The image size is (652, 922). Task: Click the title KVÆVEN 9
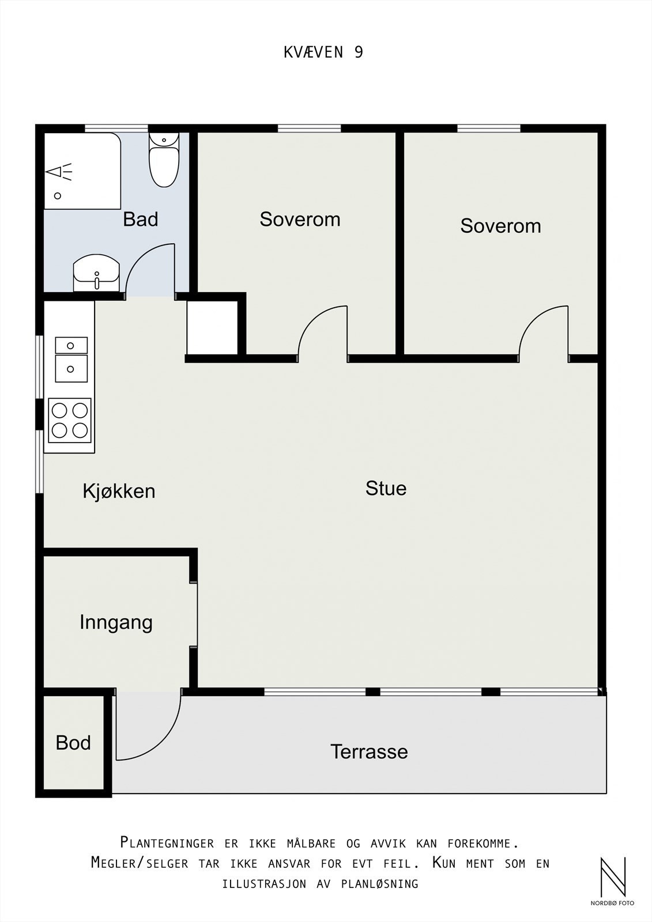323,52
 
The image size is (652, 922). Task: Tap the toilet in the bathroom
164,160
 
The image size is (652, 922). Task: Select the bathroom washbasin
96,273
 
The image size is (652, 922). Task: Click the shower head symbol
59,172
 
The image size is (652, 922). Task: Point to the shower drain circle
58,196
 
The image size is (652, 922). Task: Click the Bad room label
141,220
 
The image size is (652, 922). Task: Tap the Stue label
386,489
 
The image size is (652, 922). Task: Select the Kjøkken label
119,492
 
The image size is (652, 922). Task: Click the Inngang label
116,623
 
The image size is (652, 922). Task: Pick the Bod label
73,743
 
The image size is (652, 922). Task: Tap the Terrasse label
369,751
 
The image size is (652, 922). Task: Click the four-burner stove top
70,420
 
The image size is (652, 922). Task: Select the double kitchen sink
71,360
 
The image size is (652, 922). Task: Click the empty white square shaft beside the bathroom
213,328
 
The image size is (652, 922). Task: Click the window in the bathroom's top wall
116,129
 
